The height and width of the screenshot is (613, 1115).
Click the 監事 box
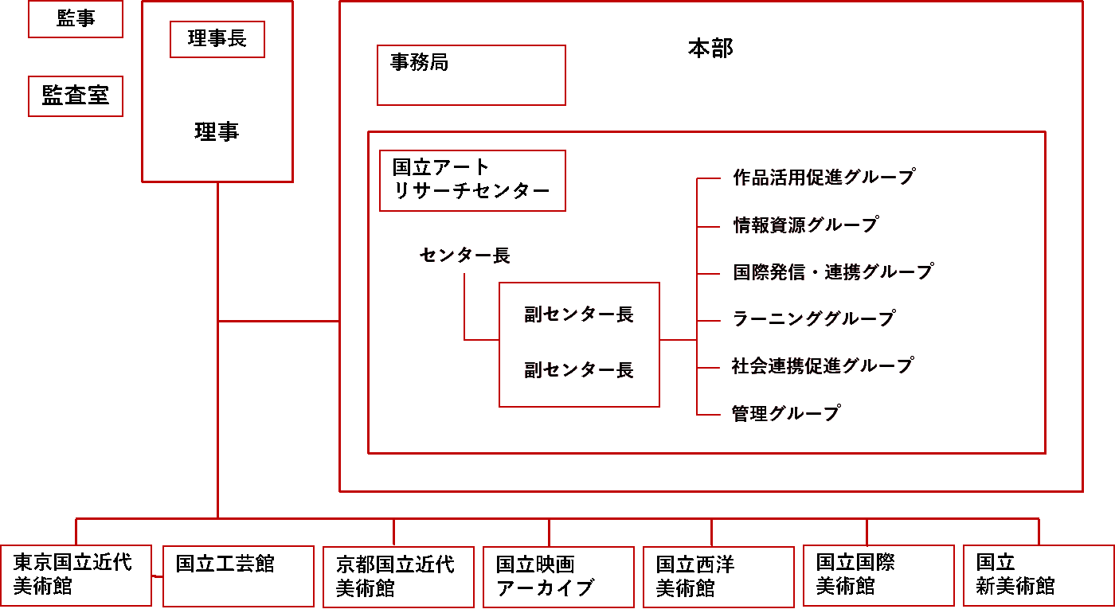[76, 19]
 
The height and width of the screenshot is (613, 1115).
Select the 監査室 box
[76, 96]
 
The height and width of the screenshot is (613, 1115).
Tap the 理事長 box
[217, 39]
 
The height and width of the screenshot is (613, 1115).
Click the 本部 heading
[710, 49]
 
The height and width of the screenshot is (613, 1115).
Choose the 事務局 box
[471, 75]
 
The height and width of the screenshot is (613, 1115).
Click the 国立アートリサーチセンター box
[472, 181]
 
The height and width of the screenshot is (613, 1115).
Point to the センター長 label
[465, 256]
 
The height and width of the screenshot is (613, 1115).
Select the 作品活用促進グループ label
[824, 178]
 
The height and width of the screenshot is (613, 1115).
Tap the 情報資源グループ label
[805, 225]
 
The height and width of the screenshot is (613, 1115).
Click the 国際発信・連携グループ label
[832, 272]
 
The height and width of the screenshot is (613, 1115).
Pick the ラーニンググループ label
[814, 319]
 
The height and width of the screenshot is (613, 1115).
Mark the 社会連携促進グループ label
[822, 366]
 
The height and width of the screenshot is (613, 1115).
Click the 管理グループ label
[786, 414]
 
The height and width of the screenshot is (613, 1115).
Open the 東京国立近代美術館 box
[76, 576]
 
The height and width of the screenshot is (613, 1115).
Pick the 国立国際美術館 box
[878, 576]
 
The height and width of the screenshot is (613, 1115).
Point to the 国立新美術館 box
[1039, 576]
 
